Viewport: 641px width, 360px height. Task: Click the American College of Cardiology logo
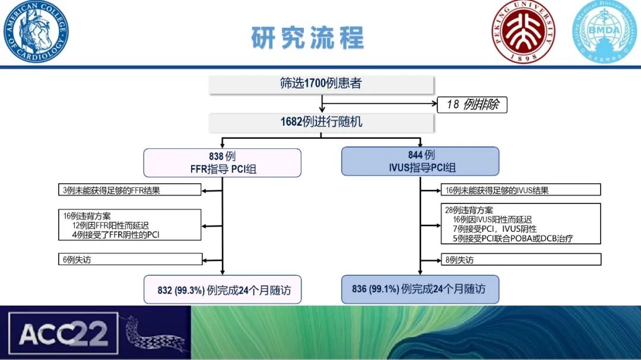click(x=36, y=32)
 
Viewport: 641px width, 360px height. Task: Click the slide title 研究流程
click(x=307, y=37)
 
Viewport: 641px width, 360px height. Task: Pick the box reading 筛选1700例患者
click(x=321, y=84)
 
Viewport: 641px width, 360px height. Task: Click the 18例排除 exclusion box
click(x=472, y=106)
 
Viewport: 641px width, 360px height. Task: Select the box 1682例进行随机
click(x=321, y=122)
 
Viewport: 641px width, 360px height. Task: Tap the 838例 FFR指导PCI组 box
click(x=223, y=163)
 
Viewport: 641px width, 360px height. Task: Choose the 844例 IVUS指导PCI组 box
click(x=420, y=161)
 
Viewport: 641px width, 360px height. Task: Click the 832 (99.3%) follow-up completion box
click(x=223, y=290)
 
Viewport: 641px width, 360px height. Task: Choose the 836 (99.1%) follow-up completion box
click(x=420, y=289)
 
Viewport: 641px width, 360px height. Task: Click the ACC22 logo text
click(x=63, y=334)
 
